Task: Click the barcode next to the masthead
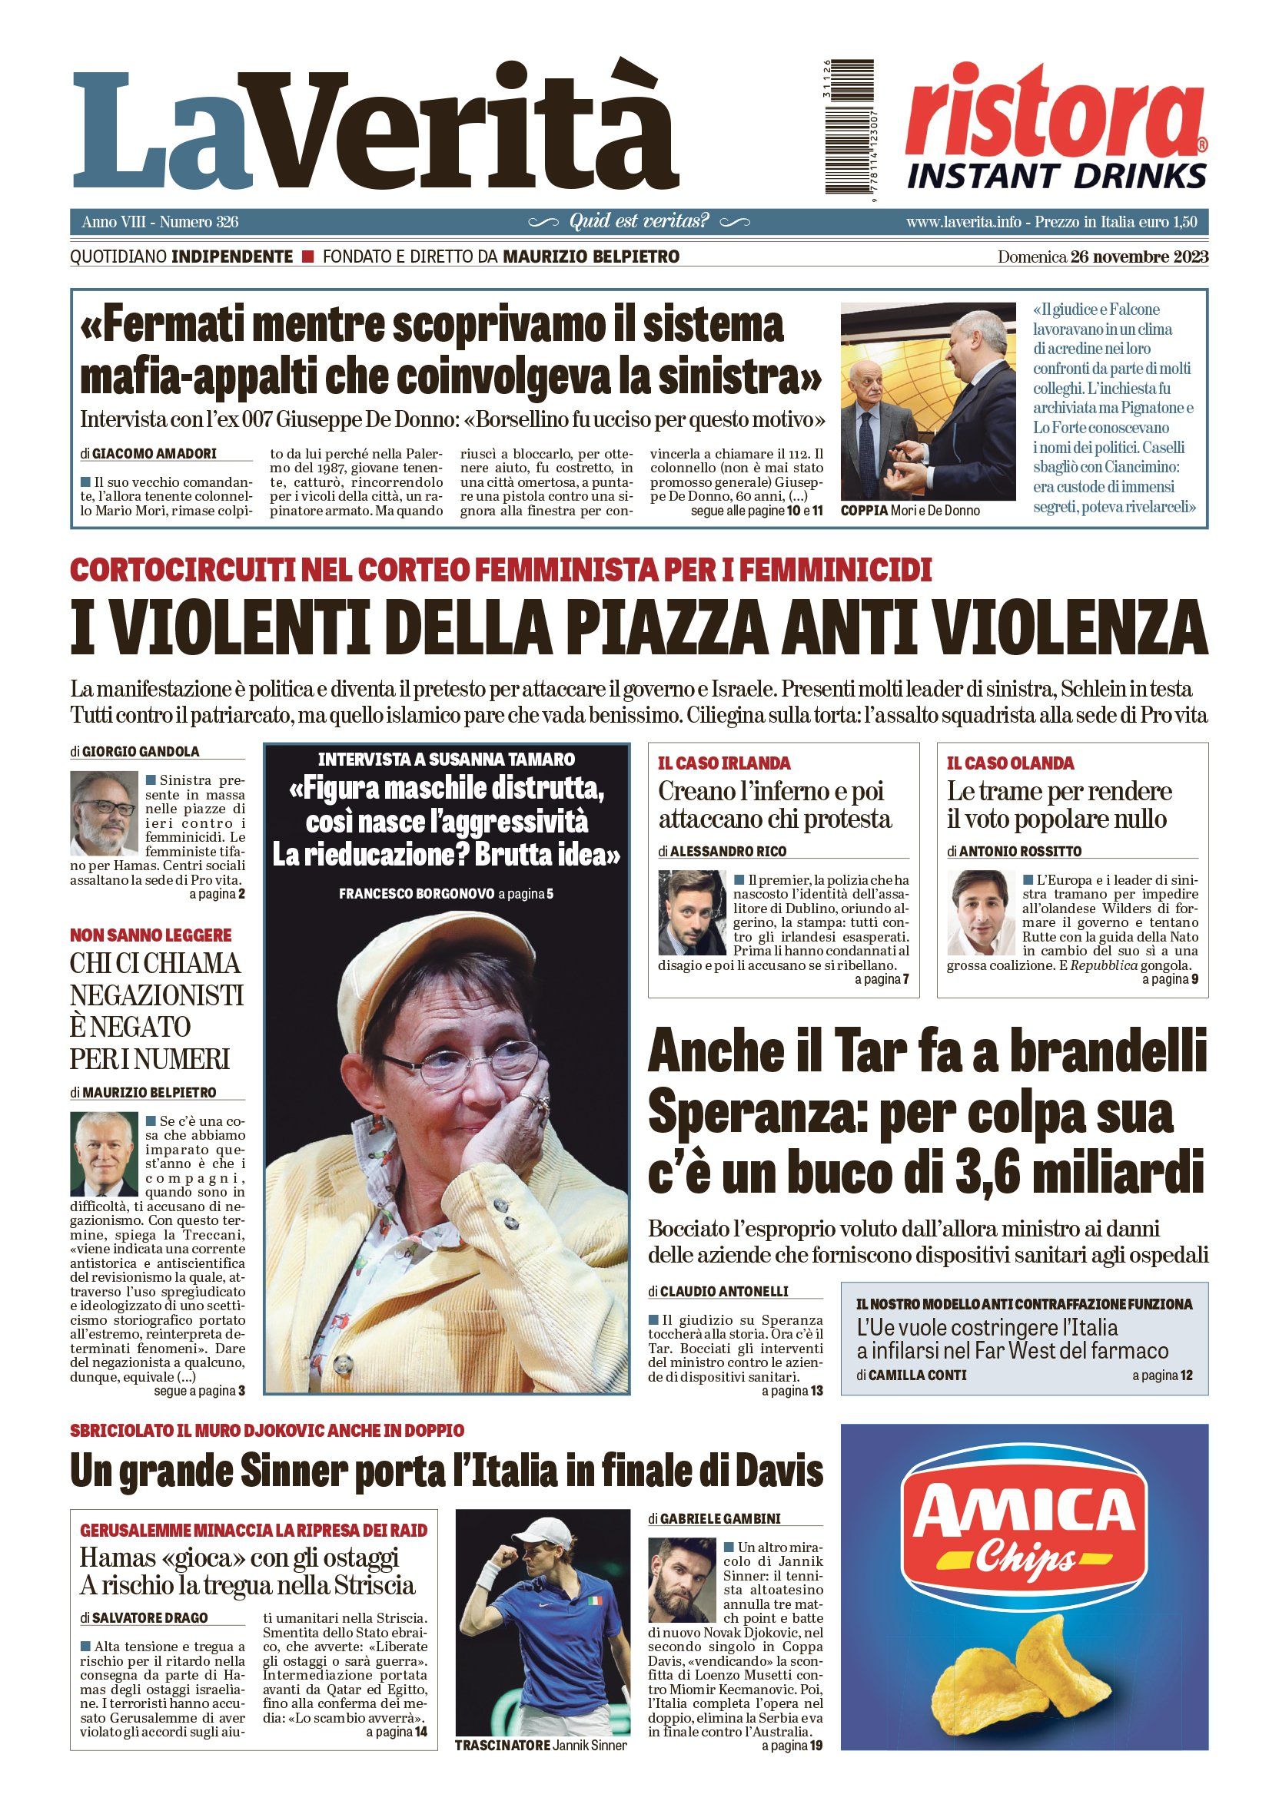pyautogui.click(x=850, y=127)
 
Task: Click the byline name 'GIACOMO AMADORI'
pyautogui.click(x=154, y=455)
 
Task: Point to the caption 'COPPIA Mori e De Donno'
pyautogui.click(x=910, y=511)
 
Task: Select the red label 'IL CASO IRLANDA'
pyautogui.click(x=724, y=763)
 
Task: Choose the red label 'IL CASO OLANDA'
pyautogui.click(x=1010, y=763)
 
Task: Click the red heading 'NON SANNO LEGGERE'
pyautogui.click(x=151, y=935)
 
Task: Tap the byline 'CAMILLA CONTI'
pyautogui.click(x=917, y=1375)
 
